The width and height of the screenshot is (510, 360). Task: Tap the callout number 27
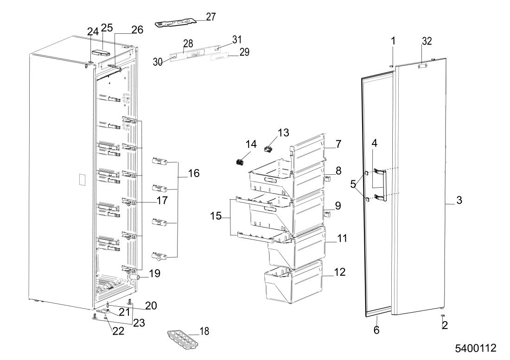point(211,17)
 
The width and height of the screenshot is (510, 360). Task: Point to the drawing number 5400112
point(476,348)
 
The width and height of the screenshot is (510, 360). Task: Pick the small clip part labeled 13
point(268,149)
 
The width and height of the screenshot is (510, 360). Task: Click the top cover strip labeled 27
point(176,23)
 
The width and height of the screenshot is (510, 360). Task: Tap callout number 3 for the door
point(459,200)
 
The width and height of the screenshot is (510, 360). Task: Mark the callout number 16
point(193,173)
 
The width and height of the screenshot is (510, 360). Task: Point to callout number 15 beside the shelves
point(216,216)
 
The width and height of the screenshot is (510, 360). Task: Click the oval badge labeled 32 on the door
point(422,66)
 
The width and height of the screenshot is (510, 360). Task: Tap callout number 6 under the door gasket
point(376,330)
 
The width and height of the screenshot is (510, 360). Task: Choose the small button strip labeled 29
point(219,57)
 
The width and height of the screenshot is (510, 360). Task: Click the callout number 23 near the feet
point(139,323)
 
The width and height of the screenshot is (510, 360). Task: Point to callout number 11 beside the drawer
point(342,239)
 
